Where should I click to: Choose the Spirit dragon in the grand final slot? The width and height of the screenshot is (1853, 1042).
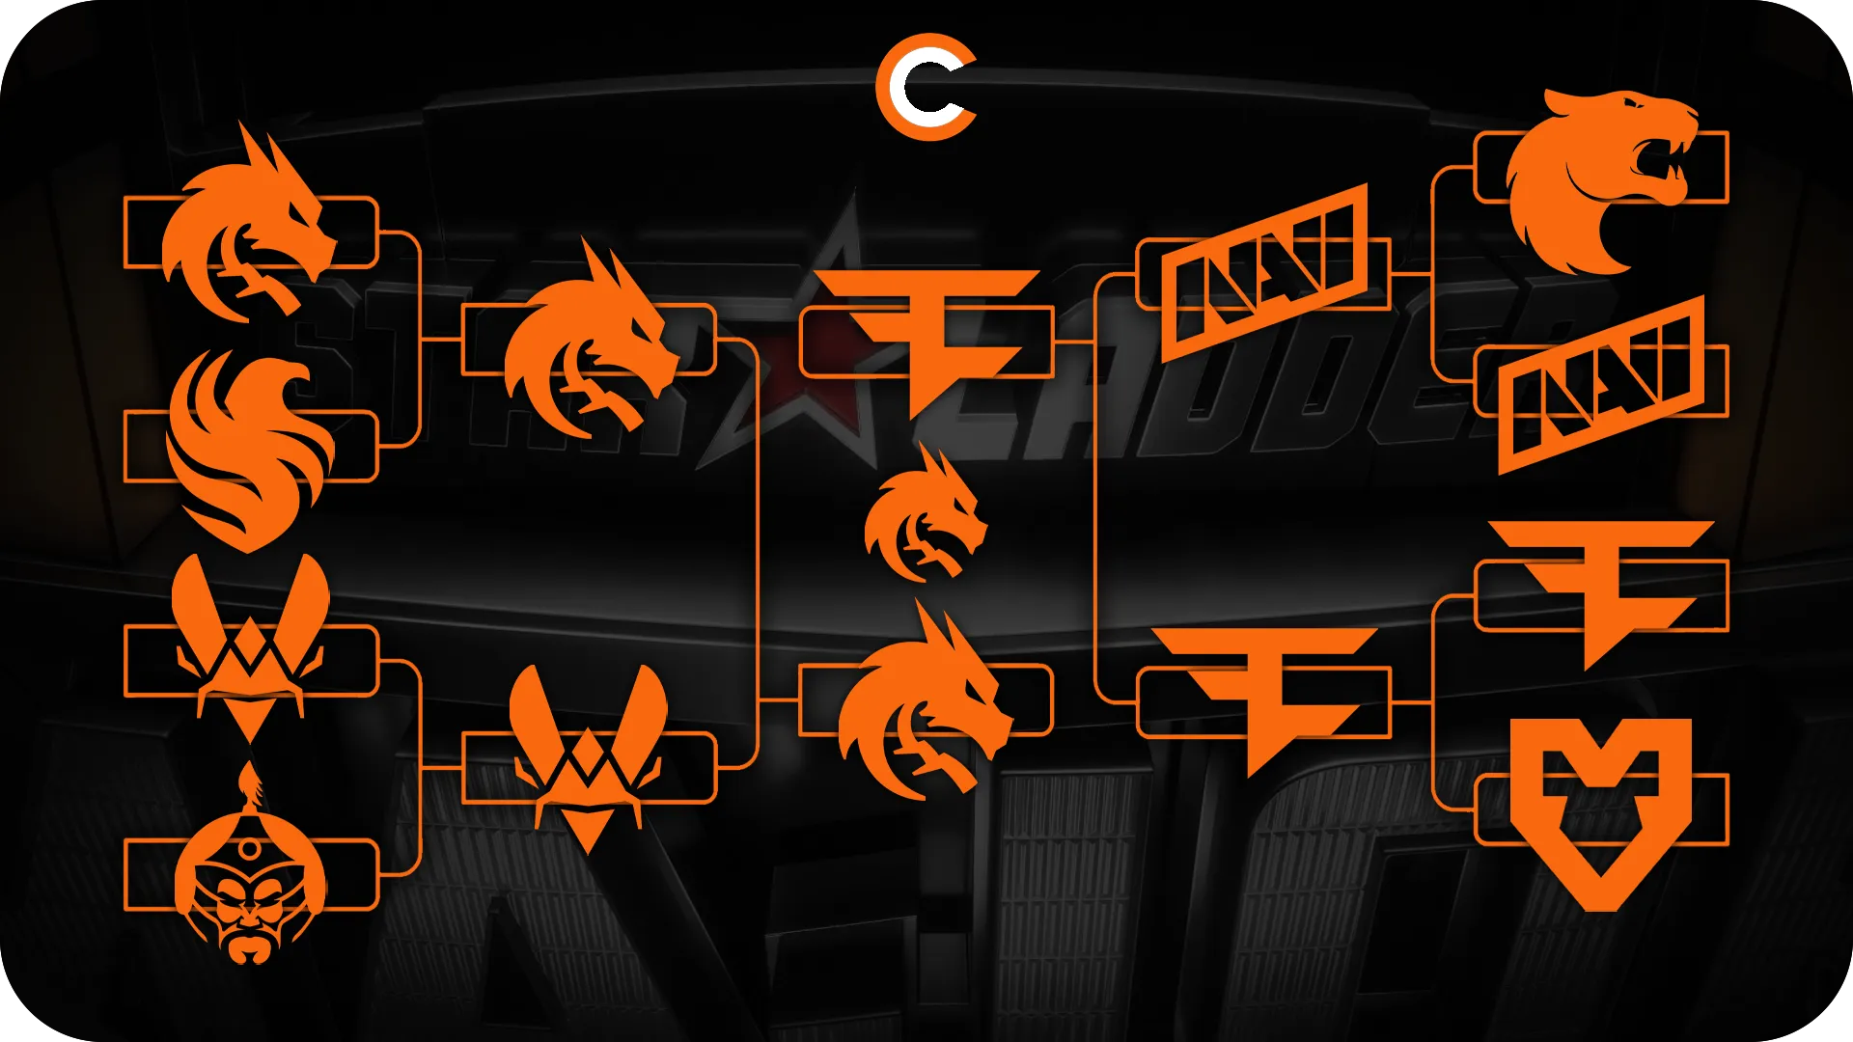[922, 709]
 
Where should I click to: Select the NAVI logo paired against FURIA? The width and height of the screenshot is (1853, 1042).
[1600, 386]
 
